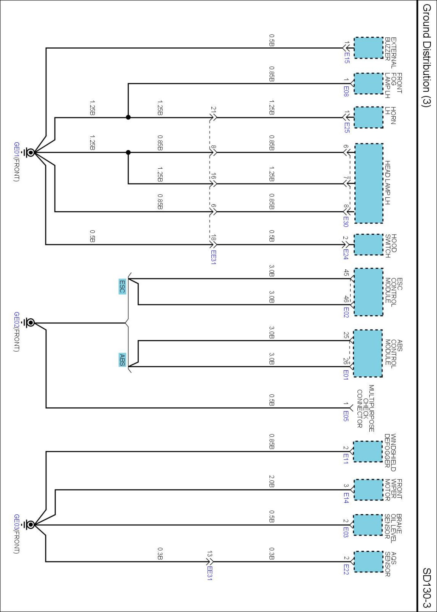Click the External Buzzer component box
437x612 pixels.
(x=368, y=48)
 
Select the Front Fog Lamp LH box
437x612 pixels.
(x=368, y=84)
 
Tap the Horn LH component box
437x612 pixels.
(x=368, y=118)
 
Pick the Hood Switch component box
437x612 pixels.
(x=368, y=245)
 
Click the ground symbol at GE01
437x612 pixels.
(x=31, y=152)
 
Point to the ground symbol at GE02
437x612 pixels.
(x=31, y=323)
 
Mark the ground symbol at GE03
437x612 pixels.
(x=31, y=525)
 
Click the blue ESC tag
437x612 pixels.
(x=122, y=286)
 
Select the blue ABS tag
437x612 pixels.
(x=122, y=360)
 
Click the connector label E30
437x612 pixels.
(x=346, y=222)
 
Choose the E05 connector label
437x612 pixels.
(x=346, y=416)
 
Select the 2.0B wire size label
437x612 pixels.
(x=271, y=481)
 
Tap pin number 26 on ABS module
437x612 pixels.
(x=346, y=361)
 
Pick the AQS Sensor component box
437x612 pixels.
(x=368, y=562)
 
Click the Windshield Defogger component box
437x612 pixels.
(x=368, y=451)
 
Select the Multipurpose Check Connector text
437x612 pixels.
(x=365, y=408)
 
